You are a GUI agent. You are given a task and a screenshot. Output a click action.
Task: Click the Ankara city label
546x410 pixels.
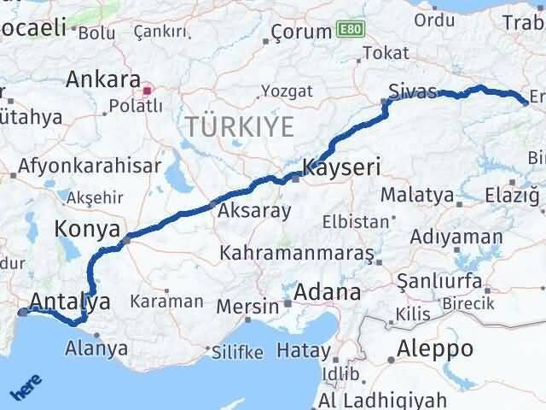pyautogui.click(x=103, y=81)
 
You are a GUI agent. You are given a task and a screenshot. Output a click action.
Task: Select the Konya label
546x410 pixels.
pyautogui.click(x=85, y=228)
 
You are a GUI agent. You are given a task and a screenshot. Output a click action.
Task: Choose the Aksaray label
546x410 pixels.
pyautogui.click(x=255, y=210)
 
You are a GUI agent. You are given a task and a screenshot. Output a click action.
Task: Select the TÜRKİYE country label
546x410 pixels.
pyautogui.click(x=240, y=127)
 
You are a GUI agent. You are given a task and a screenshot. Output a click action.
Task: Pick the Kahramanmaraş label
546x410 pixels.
pyautogui.click(x=297, y=255)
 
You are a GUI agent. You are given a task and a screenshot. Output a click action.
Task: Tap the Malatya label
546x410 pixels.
pyautogui.click(x=417, y=195)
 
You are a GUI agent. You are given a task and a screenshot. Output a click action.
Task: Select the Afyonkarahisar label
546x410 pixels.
pyautogui.click(x=90, y=166)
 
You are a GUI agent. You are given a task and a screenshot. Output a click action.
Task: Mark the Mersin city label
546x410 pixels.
pyautogui.click(x=247, y=306)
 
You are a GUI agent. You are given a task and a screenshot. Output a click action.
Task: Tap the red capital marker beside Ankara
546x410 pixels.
pyautogui.click(x=148, y=88)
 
